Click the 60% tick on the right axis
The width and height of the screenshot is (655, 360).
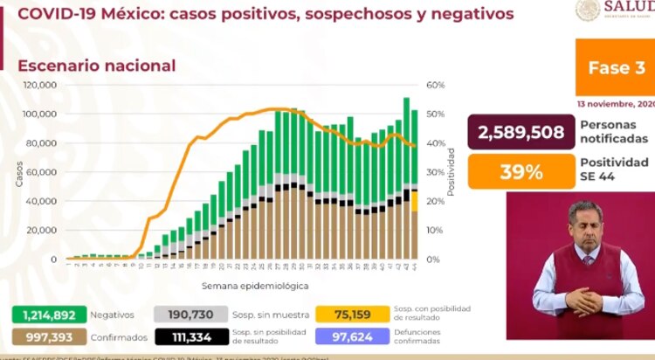[x=436, y=85]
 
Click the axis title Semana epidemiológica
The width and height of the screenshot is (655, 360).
[x=242, y=285]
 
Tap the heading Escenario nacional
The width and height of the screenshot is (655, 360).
[x=97, y=66]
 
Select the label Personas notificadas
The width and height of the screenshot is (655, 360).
[x=614, y=131]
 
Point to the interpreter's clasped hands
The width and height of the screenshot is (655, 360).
[x=583, y=301]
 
